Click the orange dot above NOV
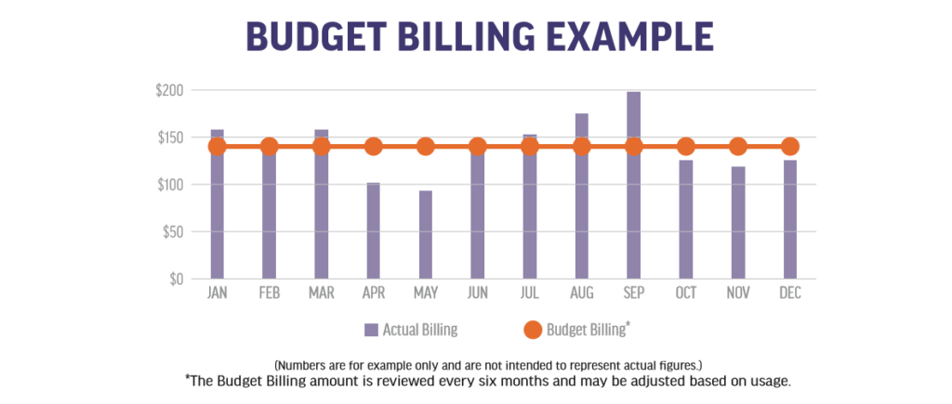737,146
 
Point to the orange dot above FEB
269,146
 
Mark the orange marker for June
477,146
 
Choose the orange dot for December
789,146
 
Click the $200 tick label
170,91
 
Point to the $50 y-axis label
173,231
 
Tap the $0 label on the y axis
177,279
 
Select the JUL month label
529,293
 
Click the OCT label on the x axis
685,293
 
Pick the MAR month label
321,293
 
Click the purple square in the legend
371,329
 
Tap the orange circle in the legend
534,329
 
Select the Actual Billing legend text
420,329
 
